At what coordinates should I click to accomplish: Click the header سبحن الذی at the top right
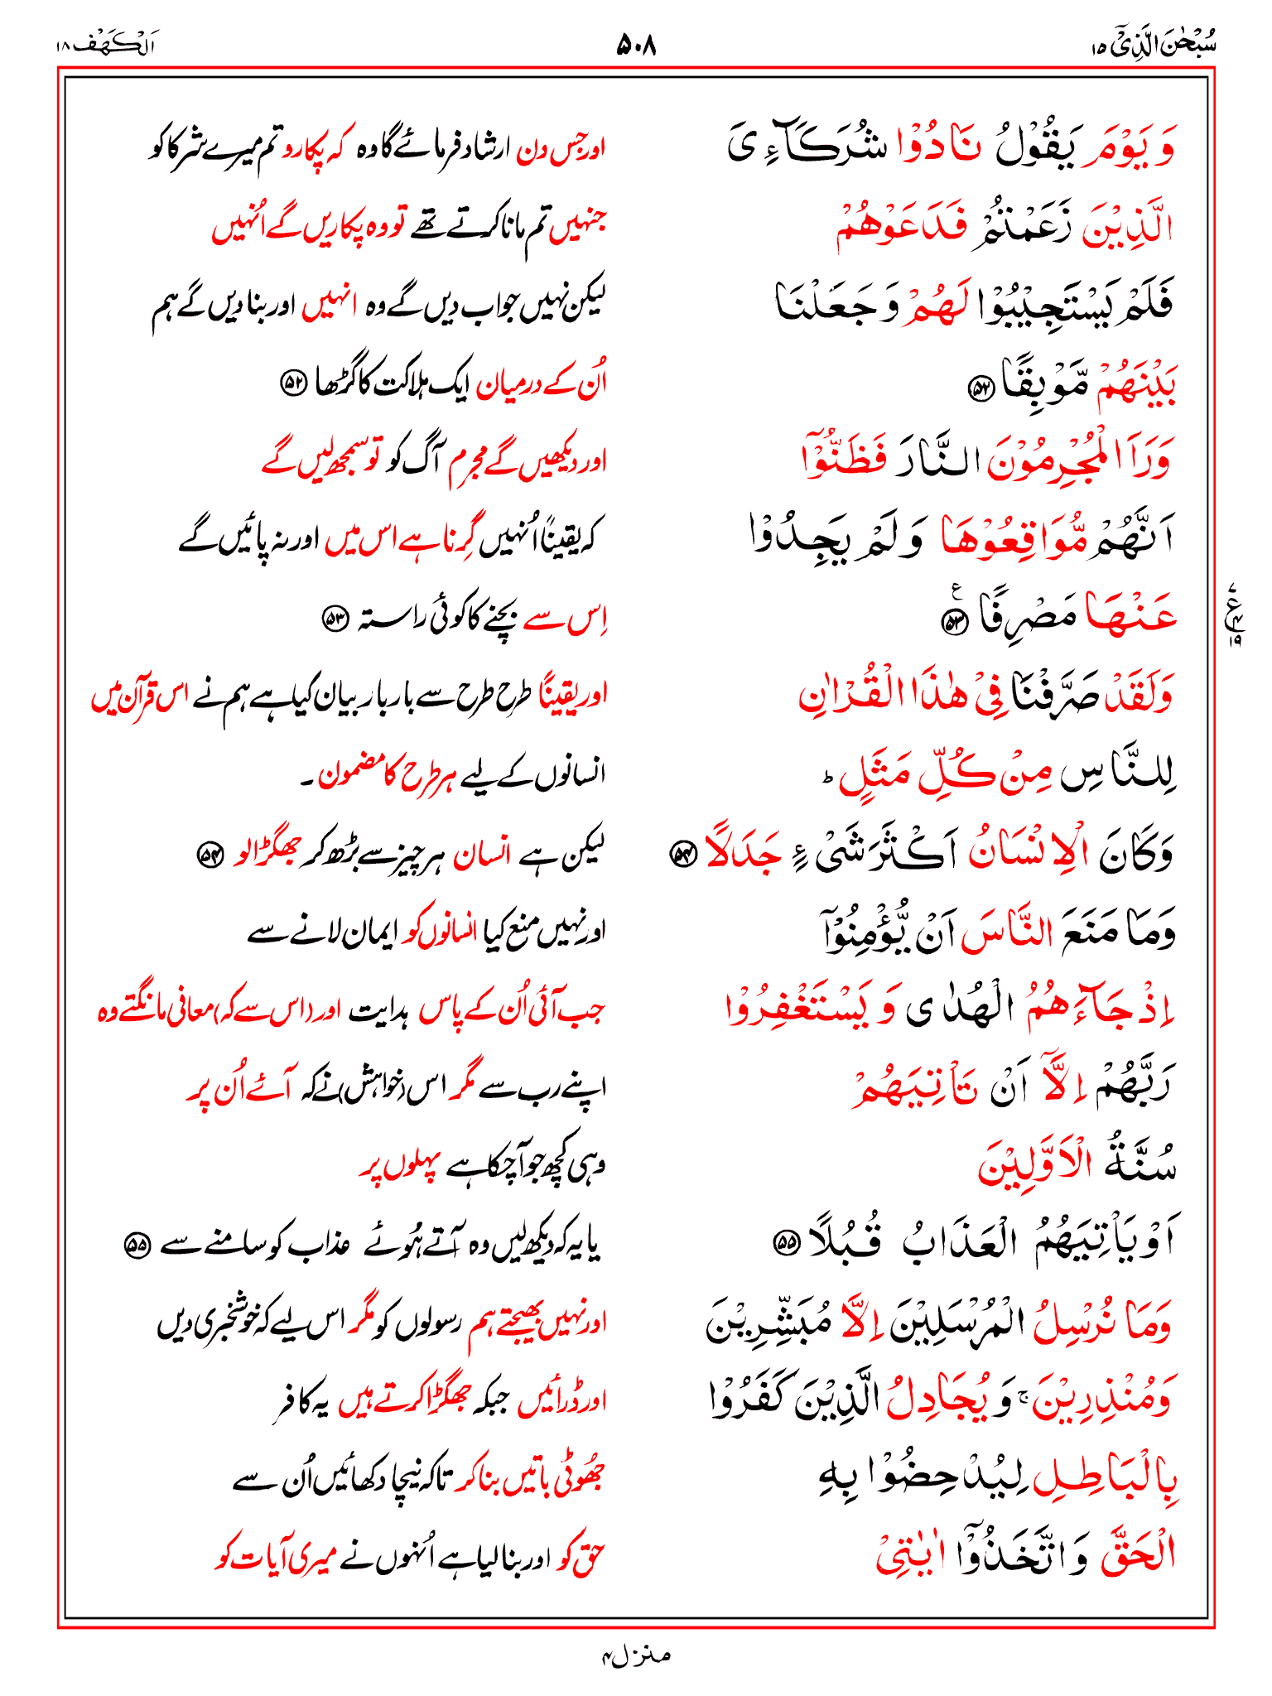click(1159, 44)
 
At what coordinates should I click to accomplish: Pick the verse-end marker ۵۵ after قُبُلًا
click(783, 1242)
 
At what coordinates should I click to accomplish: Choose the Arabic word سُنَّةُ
click(1139, 1164)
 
